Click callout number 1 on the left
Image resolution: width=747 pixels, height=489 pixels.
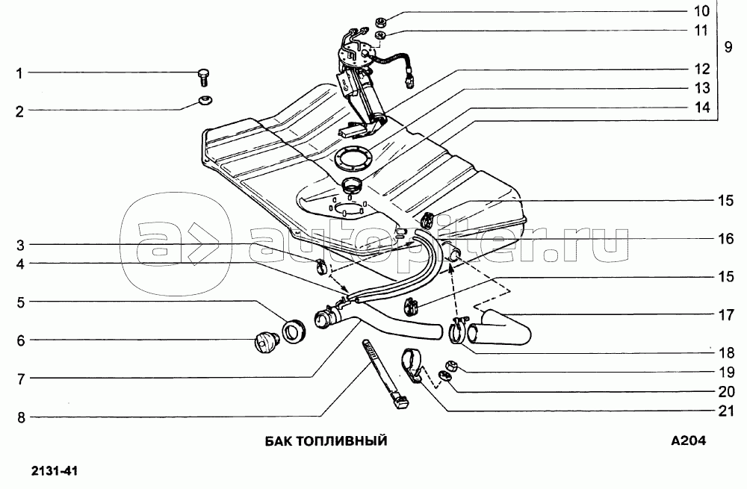point(20,73)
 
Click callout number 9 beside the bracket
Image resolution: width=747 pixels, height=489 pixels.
point(728,46)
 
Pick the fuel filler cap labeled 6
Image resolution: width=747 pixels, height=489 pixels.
point(265,342)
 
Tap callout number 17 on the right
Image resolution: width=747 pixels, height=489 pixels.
point(727,314)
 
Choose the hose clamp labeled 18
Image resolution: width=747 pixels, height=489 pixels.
point(458,329)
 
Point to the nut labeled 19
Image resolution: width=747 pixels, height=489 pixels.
point(452,365)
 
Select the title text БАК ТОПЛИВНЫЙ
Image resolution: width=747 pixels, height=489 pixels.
point(326,441)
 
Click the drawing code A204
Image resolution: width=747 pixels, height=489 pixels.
point(688,441)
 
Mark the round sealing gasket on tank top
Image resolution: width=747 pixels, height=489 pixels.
point(350,158)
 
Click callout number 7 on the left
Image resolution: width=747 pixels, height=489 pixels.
point(21,379)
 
